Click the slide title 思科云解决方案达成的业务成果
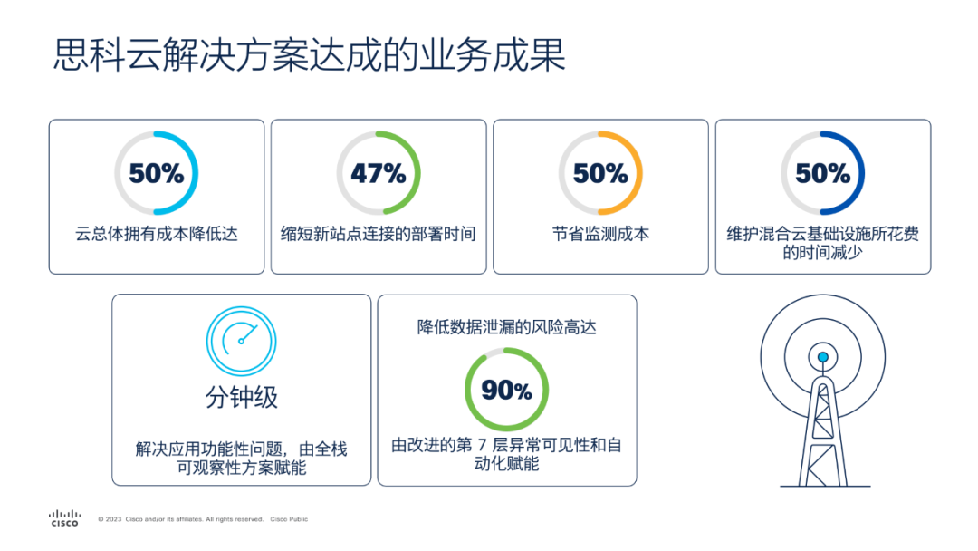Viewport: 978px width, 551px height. pyautogui.click(x=310, y=54)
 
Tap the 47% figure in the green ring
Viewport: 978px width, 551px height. pyautogui.click(x=379, y=173)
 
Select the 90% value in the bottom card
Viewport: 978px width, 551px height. pyautogui.click(x=506, y=391)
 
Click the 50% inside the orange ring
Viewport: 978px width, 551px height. pyautogui.click(x=600, y=173)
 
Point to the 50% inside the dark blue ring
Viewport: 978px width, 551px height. pyautogui.click(x=822, y=173)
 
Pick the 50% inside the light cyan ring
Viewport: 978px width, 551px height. pyautogui.click(x=157, y=173)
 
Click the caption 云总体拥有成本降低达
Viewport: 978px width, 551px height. pyautogui.click(x=157, y=234)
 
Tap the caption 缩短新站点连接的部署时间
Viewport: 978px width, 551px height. pyautogui.click(x=379, y=234)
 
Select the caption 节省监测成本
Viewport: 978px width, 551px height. pyautogui.click(x=600, y=234)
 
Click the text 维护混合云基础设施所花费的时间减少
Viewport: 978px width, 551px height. pyautogui.click(x=822, y=243)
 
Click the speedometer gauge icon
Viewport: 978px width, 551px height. pyautogui.click(x=242, y=341)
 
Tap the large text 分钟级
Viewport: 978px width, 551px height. pyautogui.click(x=242, y=397)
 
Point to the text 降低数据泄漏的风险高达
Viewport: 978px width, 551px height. pyautogui.click(x=506, y=327)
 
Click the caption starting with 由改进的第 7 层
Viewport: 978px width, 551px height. pyautogui.click(x=506, y=454)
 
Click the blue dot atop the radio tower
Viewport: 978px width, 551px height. pyautogui.click(x=822, y=357)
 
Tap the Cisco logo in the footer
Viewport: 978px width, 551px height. pyautogui.click(x=65, y=518)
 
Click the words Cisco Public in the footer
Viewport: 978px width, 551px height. pyautogui.click(x=289, y=519)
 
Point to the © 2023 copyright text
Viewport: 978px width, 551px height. pyautogui.click(x=181, y=519)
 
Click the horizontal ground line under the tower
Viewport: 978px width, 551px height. pyautogui.click(x=825, y=486)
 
